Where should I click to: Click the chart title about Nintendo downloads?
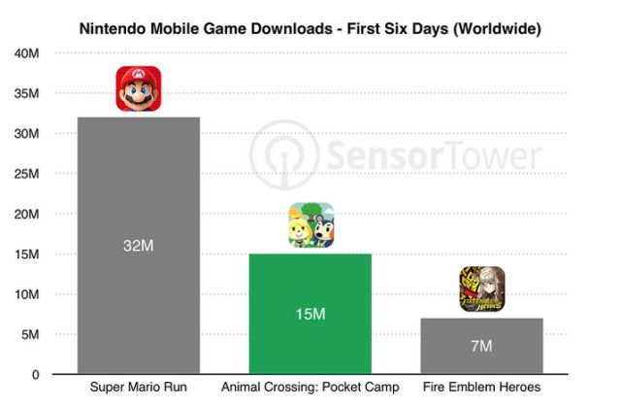310,29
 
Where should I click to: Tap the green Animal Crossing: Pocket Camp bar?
310,282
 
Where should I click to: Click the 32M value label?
139,247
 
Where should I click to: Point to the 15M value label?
310,314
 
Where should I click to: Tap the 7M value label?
481,346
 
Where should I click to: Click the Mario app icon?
139,88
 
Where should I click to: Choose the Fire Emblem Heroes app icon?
481,289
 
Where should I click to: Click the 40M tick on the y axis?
26,53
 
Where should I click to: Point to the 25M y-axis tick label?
26,174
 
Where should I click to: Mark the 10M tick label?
26,294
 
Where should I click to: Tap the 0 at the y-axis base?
34,374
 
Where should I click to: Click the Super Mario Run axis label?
139,389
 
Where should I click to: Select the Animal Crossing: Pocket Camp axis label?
310,389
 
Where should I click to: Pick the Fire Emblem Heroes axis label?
481,389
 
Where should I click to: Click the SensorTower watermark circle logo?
276,153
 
